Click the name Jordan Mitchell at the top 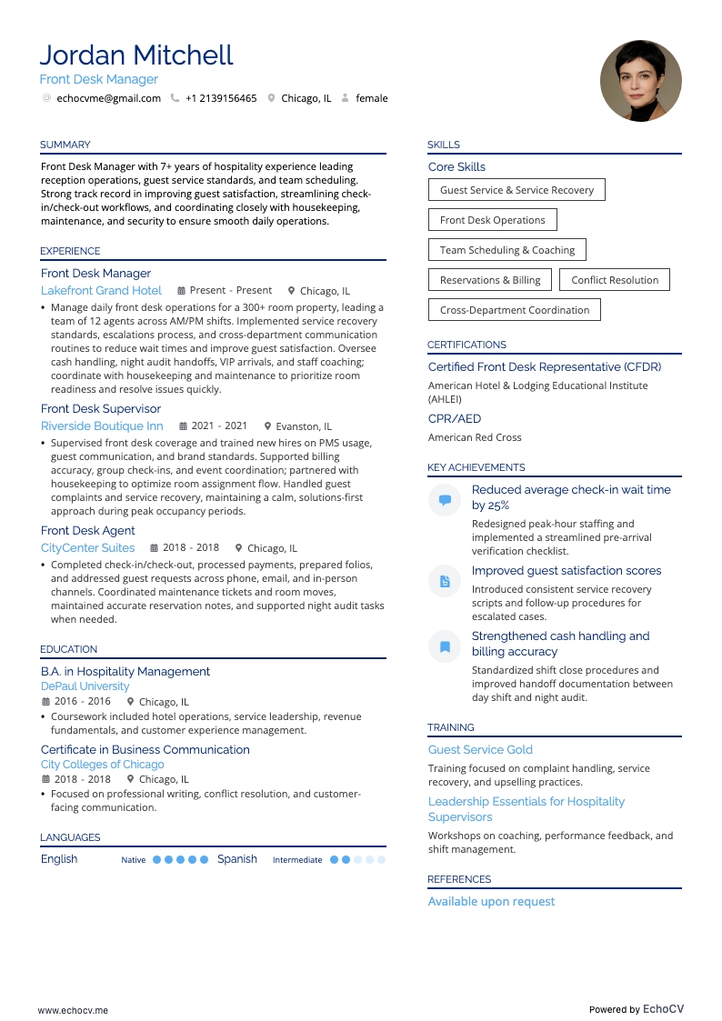click(136, 55)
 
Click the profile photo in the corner click(641, 81)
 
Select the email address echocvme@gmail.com click(108, 98)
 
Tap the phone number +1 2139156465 click(221, 98)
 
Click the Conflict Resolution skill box click(615, 280)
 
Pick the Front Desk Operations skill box click(492, 220)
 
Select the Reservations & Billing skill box click(490, 280)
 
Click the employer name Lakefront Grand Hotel click(101, 291)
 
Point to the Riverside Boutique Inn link click(102, 426)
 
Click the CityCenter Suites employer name click(87, 548)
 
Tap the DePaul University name click(85, 686)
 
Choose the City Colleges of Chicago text click(102, 765)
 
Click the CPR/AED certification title click(455, 419)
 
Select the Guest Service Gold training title click(480, 750)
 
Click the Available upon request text click(491, 902)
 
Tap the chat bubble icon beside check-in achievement click(445, 500)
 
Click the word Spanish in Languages click(237, 859)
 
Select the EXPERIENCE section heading click(70, 251)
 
